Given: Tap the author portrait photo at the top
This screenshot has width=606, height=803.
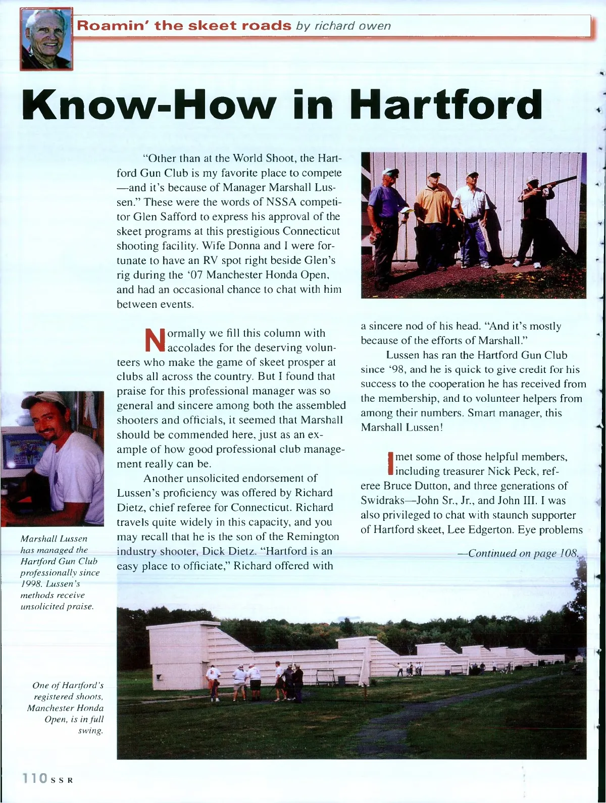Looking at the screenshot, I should (46, 39).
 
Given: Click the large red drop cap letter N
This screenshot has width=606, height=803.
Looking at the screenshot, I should (155, 340).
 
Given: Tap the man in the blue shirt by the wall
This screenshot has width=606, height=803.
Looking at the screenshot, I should (386, 222).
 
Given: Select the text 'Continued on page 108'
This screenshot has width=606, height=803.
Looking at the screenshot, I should (522, 553).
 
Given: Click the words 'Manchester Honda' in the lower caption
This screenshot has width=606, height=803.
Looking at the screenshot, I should (65, 708).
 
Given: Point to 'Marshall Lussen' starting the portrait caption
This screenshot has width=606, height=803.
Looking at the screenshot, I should (54, 539).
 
